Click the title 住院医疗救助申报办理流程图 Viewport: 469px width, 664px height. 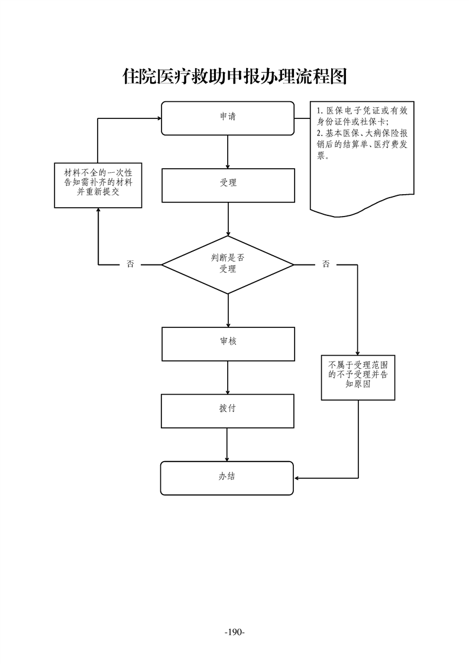click(x=234, y=77)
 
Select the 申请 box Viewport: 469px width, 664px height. click(x=228, y=118)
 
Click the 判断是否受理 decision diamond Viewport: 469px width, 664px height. click(x=228, y=265)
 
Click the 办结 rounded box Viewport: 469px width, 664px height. click(x=228, y=478)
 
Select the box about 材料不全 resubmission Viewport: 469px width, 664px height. click(x=98, y=185)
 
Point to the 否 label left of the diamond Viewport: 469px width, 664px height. click(x=130, y=265)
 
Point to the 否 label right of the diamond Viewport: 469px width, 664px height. click(x=326, y=265)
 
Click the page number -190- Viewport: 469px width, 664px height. click(x=234, y=632)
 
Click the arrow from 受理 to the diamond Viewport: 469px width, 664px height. click(x=228, y=219)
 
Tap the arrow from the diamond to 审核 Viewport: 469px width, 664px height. click(x=228, y=310)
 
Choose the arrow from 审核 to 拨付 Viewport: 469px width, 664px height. click(x=228, y=378)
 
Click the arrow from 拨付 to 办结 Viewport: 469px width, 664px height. click(x=228, y=444)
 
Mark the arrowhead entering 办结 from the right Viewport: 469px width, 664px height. click(x=297, y=478)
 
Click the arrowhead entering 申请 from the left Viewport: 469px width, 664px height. click(x=159, y=118)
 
